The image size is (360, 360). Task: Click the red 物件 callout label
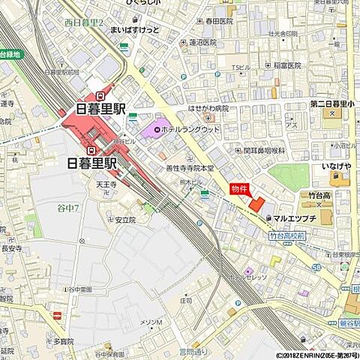pyautogui.click(x=238, y=188)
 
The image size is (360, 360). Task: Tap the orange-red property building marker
pyautogui.click(x=256, y=203)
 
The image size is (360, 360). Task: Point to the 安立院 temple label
pyautogui.click(x=125, y=220)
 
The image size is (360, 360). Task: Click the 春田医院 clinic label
pyautogui.click(x=217, y=22)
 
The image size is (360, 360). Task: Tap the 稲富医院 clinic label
pyautogui.click(x=286, y=65)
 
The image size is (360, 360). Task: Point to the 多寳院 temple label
pyautogui.click(x=66, y=340)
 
